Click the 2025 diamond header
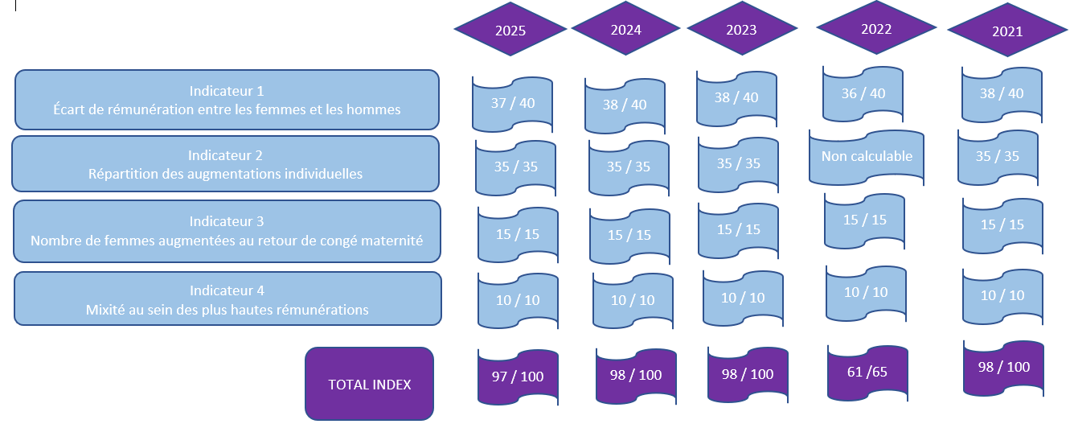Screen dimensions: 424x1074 [510, 31]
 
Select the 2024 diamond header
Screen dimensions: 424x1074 [626, 31]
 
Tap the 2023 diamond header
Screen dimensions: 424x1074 [741, 31]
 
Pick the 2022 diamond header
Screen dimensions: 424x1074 [876, 29]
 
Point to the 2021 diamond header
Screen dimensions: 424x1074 [1007, 32]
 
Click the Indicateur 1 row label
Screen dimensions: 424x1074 [227, 100]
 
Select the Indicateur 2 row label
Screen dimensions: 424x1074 [225, 164]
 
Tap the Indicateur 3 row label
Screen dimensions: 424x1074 [227, 231]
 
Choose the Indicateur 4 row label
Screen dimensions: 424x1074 [227, 299]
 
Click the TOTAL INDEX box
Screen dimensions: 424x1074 [369, 384]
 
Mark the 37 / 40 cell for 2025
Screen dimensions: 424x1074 [512, 103]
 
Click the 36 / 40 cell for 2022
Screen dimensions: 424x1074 [863, 93]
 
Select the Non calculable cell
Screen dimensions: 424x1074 [867, 156]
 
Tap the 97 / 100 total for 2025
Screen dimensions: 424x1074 [518, 377]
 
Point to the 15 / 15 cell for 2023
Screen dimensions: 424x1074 [738, 229]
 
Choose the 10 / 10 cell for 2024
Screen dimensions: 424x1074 [633, 300]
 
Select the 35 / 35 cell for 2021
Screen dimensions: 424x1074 [998, 156]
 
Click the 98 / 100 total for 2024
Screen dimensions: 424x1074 [635, 376]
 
